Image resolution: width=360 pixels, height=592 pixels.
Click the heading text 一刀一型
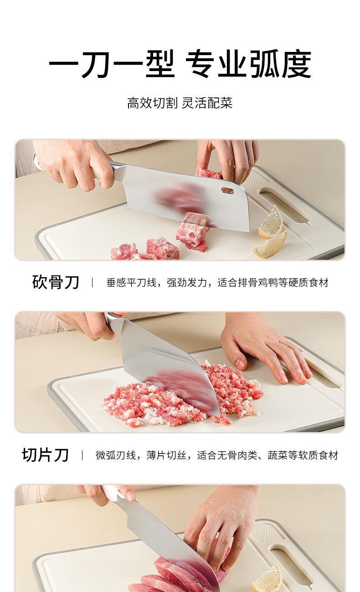pos(112,64)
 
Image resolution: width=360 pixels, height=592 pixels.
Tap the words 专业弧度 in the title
pos(248,64)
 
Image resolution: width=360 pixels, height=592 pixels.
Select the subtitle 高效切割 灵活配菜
pos(180,103)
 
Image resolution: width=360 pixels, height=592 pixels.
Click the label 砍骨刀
pos(56,282)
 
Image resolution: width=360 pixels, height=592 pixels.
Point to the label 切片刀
pos(45,455)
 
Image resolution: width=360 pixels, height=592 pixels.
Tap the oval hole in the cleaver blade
pos(227,190)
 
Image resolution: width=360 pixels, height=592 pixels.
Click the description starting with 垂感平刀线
pos(217,282)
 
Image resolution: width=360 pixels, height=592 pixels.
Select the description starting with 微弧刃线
pos(217,455)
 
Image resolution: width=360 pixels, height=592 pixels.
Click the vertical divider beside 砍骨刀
pos(92,282)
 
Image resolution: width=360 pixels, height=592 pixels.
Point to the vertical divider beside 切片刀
pos(82,455)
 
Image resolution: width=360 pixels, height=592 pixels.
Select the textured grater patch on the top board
pos(252,179)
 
